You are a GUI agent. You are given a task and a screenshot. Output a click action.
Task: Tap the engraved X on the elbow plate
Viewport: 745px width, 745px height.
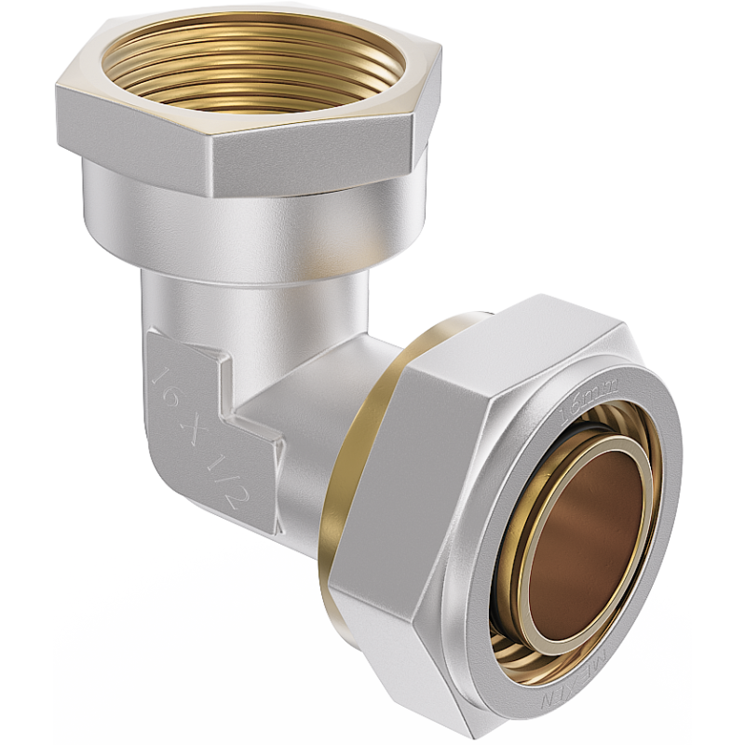pos(189,430)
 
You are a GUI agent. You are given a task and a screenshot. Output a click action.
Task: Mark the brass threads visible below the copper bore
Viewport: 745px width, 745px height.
pos(521,643)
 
